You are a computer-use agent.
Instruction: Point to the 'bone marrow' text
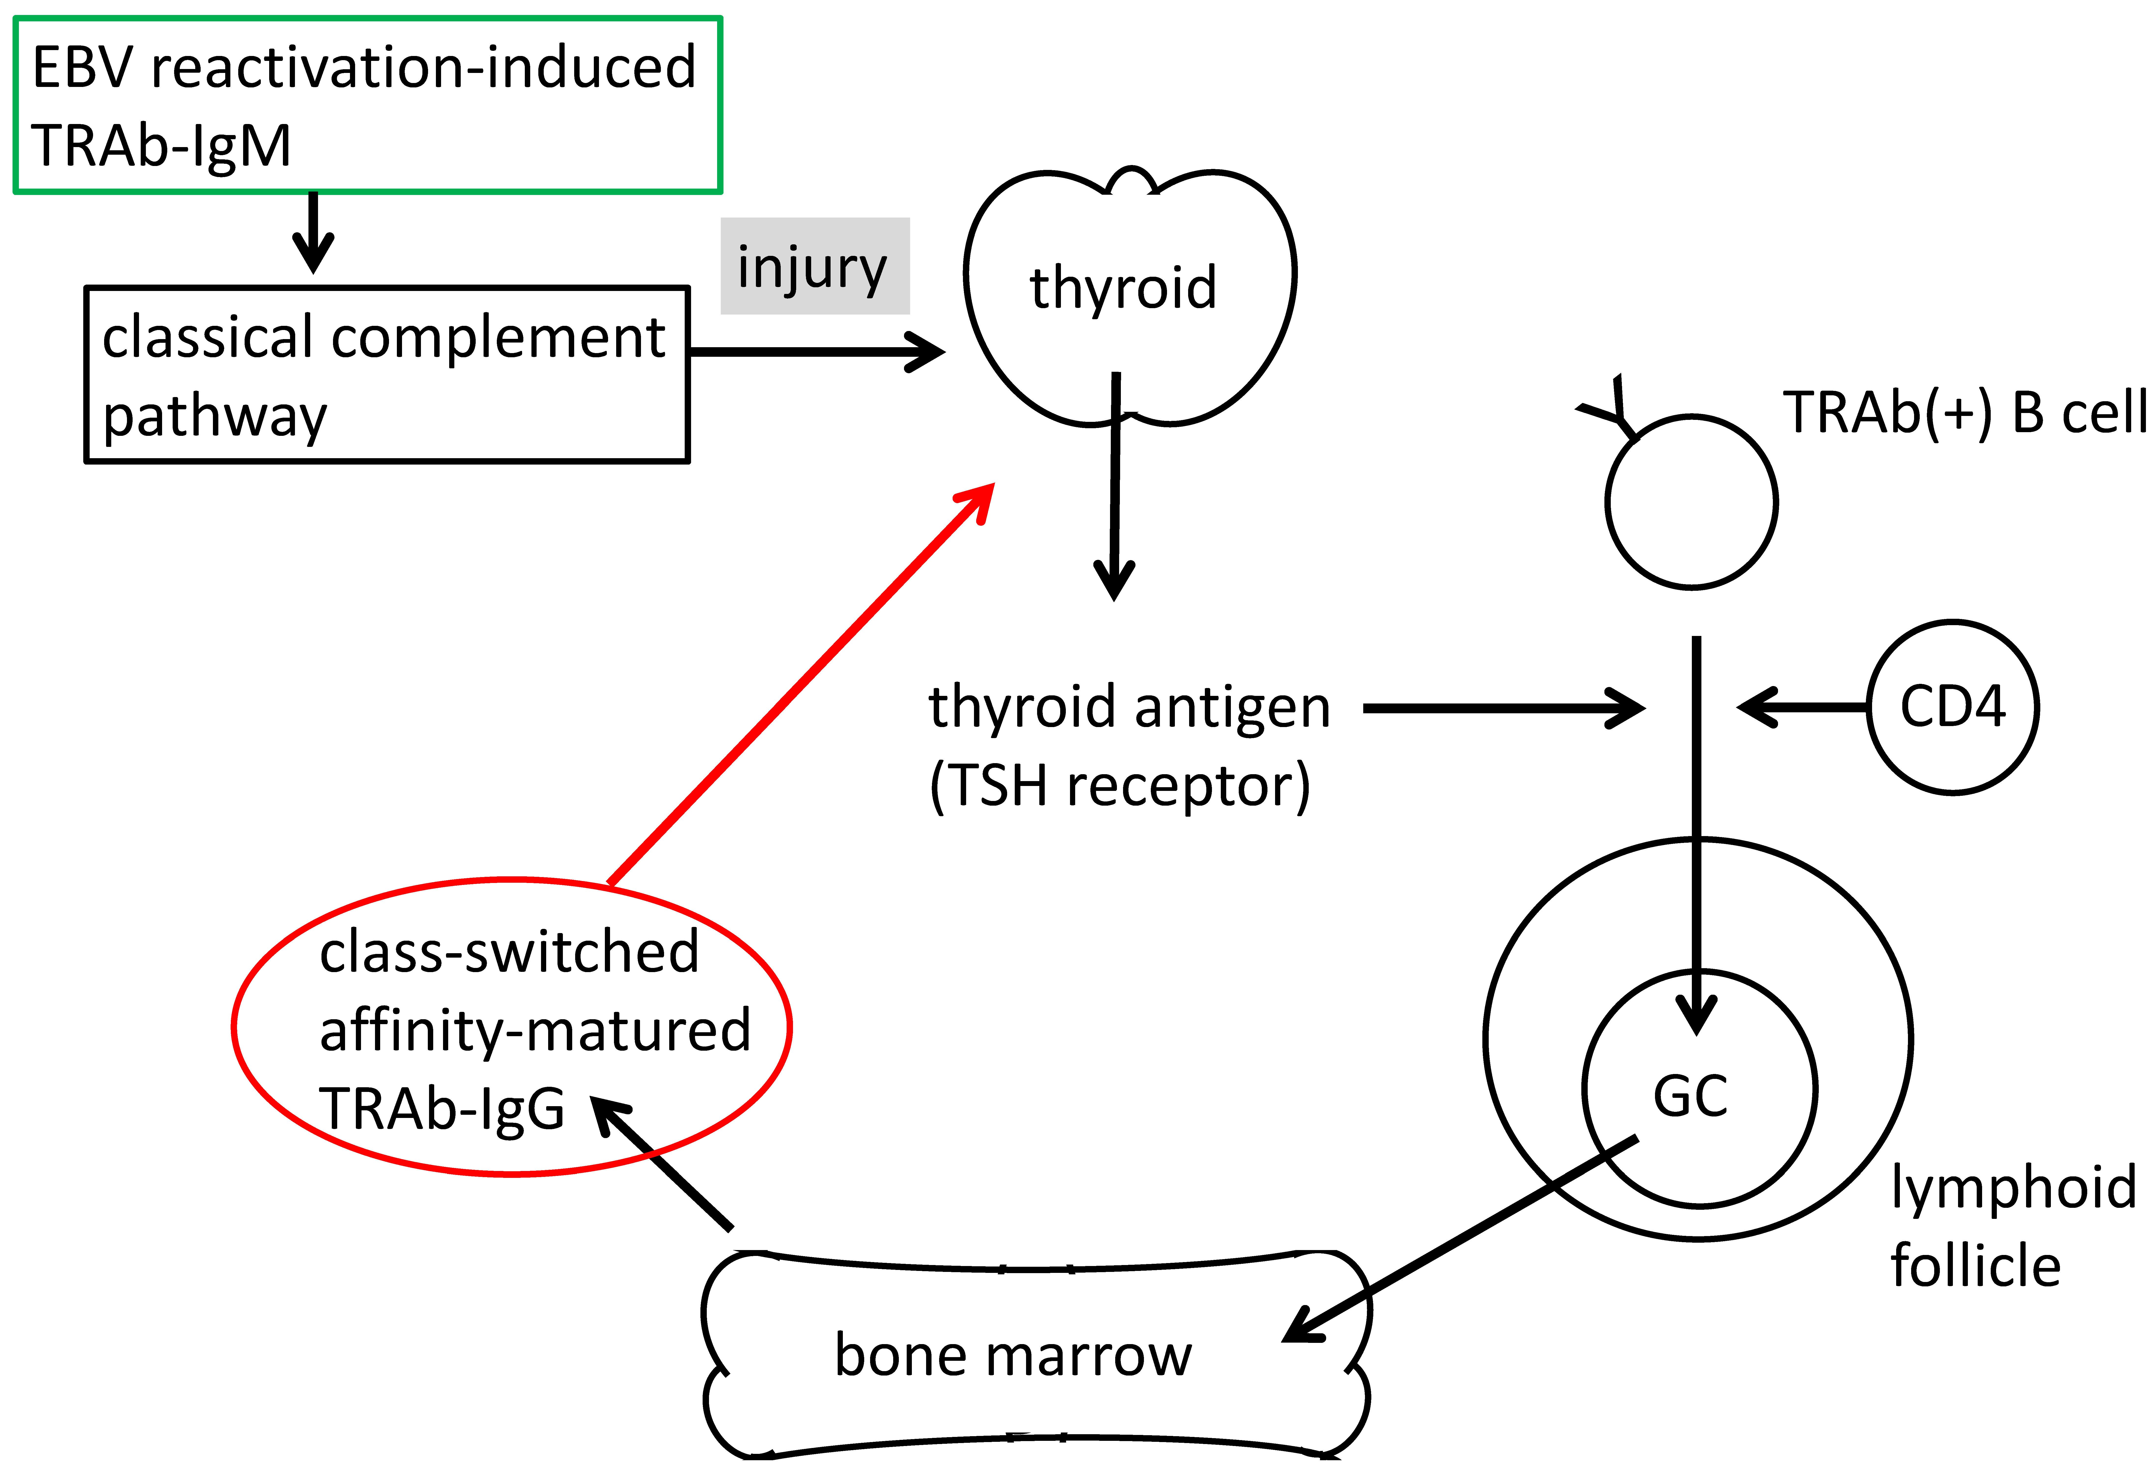click(1013, 1355)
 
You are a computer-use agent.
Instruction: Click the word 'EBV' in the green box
click(83, 68)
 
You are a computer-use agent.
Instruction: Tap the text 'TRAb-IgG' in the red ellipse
click(441, 1109)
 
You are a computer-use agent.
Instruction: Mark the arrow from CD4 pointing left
click(1799, 707)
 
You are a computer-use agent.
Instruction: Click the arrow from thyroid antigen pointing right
click(1502, 708)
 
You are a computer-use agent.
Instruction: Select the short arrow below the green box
click(313, 232)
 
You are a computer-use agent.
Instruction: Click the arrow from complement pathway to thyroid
click(816, 352)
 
